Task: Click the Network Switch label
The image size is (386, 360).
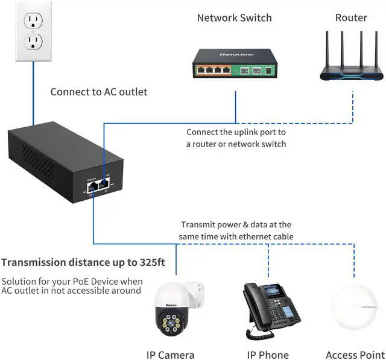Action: click(234, 18)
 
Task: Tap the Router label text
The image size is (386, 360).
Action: click(351, 18)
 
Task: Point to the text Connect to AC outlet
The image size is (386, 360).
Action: click(98, 92)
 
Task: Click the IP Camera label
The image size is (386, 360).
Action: click(171, 355)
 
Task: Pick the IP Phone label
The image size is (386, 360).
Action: click(268, 355)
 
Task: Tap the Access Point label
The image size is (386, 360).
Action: click(354, 355)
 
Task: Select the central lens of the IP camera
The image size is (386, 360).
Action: click(171, 324)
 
